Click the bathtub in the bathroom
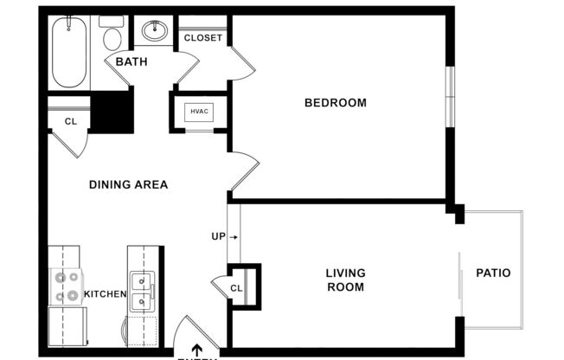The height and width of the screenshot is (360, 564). pyautogui.click(x=68, y=52)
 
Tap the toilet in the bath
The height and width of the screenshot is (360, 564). pyautogui.click(x=112, y=35)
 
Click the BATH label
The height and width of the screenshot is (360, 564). pyautogui.click(x=131, y=61)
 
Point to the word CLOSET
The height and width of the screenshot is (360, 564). pyautogui.click(x=203, y=38)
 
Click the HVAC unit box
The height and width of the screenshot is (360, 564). pyautogui.click(x=199, y=112)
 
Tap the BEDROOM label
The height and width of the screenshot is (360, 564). pyautogui.click(x=335, y=103)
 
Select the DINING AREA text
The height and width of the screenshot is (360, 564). pyautogui.click(x=128, y=184)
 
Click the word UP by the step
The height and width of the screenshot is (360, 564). pyautogui.click(x=218, y=236)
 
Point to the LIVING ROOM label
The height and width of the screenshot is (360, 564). pyautogui.click(x=344, y=280)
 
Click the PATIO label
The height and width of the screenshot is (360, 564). pyautogui.click(x=493, y=273)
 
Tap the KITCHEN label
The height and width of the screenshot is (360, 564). pyautogui.click(x=106, y=294)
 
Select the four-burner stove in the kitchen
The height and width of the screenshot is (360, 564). pyautogui.click(x=66, y=287)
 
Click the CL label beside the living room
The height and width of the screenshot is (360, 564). pyautogui.click(x=236, y=288)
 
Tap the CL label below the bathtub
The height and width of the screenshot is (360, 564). pyautogui.click(x=70, y=121)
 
